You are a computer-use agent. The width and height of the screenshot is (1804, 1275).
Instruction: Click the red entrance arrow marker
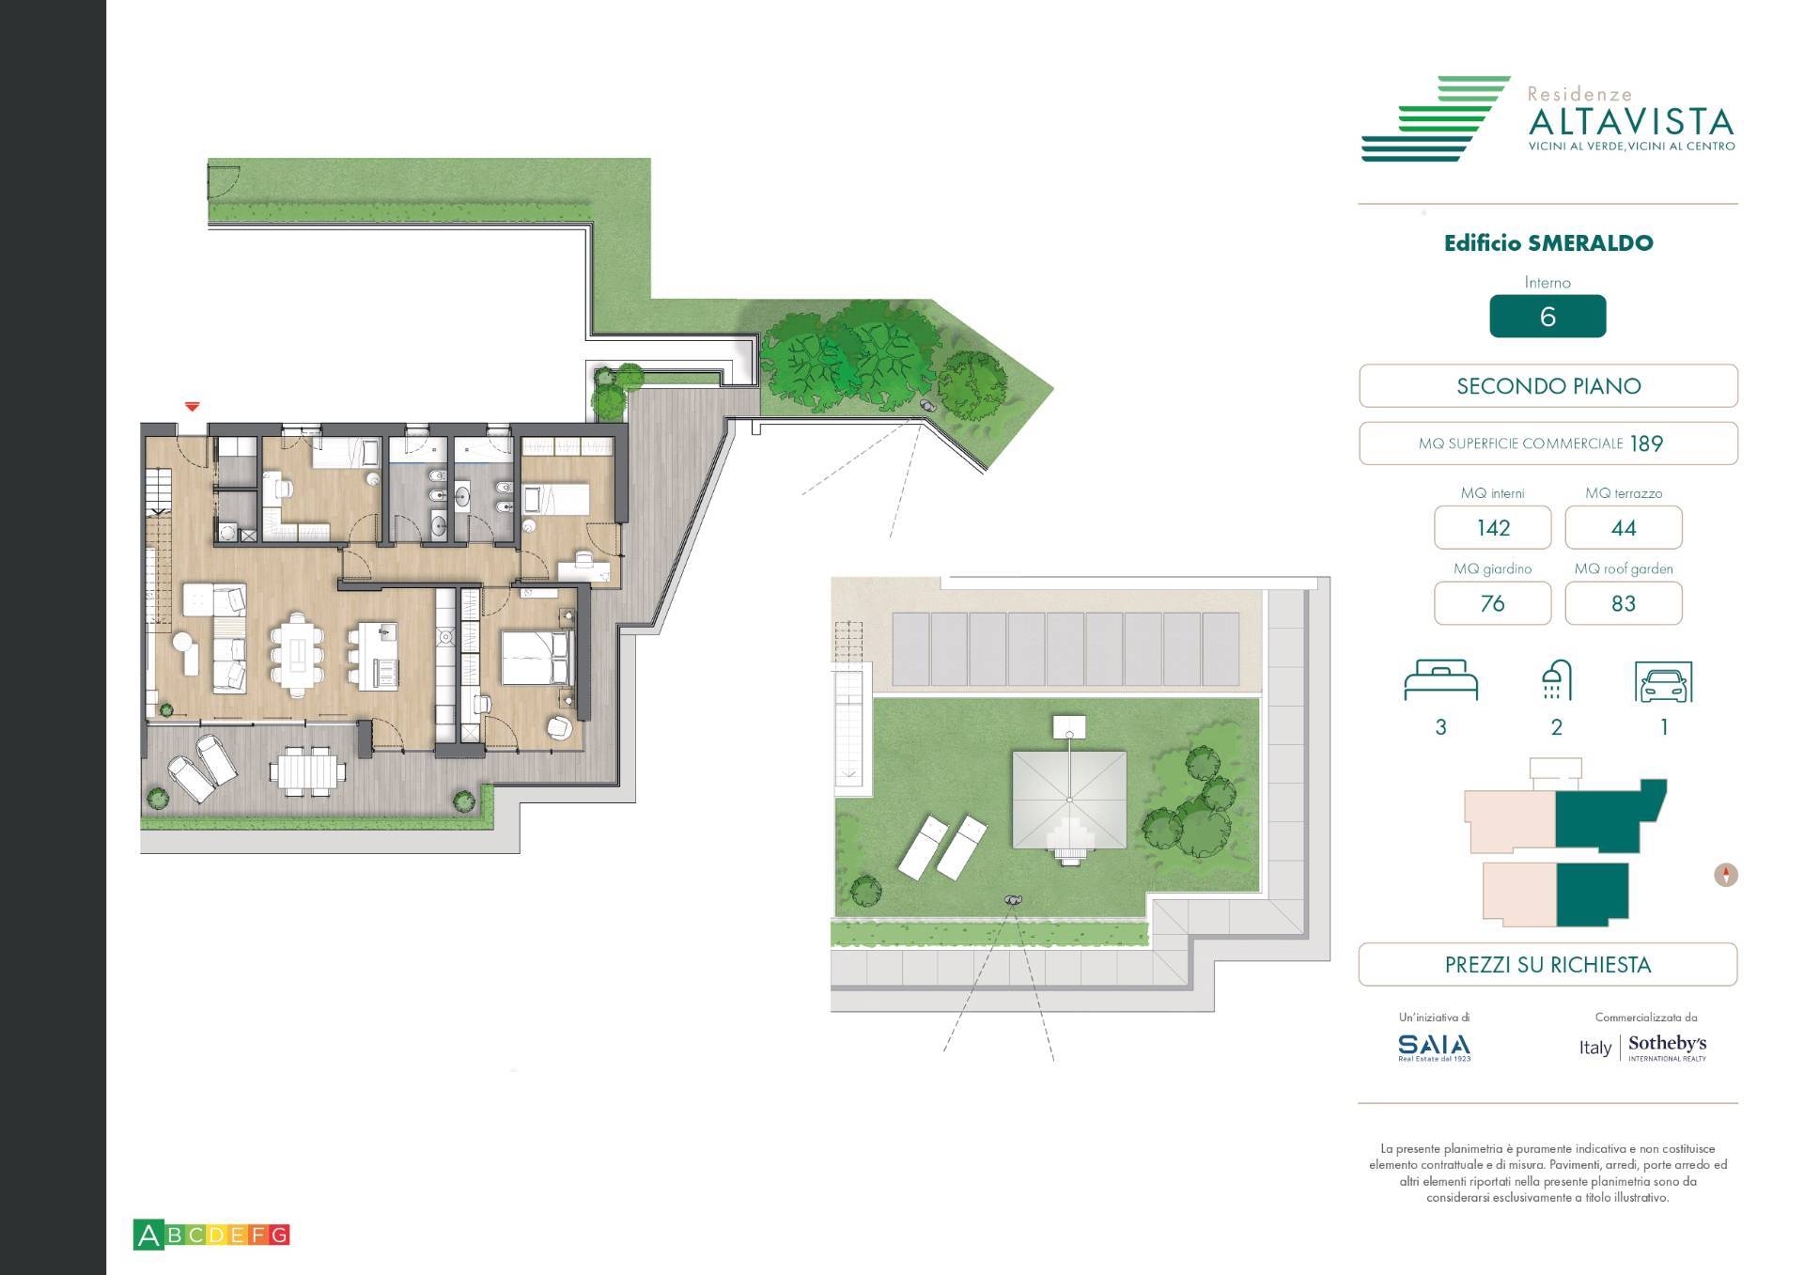(192, 407)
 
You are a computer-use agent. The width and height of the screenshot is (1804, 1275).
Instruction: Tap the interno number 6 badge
(1547, 317)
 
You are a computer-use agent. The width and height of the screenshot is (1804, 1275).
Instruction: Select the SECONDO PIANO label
(1547, 386)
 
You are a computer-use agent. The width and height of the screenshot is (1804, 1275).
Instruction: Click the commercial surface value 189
(1646, 443)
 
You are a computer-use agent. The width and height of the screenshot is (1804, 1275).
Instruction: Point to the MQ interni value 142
(1492, 528)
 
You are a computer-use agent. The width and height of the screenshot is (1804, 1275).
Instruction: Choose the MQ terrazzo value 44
(1623, 528)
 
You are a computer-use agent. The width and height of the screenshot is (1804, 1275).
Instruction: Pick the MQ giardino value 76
(1492, 603)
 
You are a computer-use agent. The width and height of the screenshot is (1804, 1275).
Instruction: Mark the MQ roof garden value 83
(1623, 603)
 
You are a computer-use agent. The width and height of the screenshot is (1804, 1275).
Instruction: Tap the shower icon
(1556, 681)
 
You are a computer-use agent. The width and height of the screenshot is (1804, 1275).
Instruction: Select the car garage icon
(1663, 683)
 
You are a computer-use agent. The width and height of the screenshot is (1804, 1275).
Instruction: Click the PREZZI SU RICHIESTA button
(1547, 965)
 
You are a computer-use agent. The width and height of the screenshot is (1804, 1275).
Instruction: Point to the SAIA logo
(1434, 1046)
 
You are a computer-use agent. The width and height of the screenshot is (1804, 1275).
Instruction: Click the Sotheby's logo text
(1667, 1044)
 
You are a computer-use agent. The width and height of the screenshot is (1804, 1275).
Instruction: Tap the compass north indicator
(1726, 875)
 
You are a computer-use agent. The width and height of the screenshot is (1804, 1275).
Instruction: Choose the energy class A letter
(148, 1235)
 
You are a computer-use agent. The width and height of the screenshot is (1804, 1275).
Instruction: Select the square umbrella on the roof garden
(1069, 799)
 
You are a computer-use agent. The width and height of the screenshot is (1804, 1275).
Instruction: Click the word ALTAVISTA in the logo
(1630, 122)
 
